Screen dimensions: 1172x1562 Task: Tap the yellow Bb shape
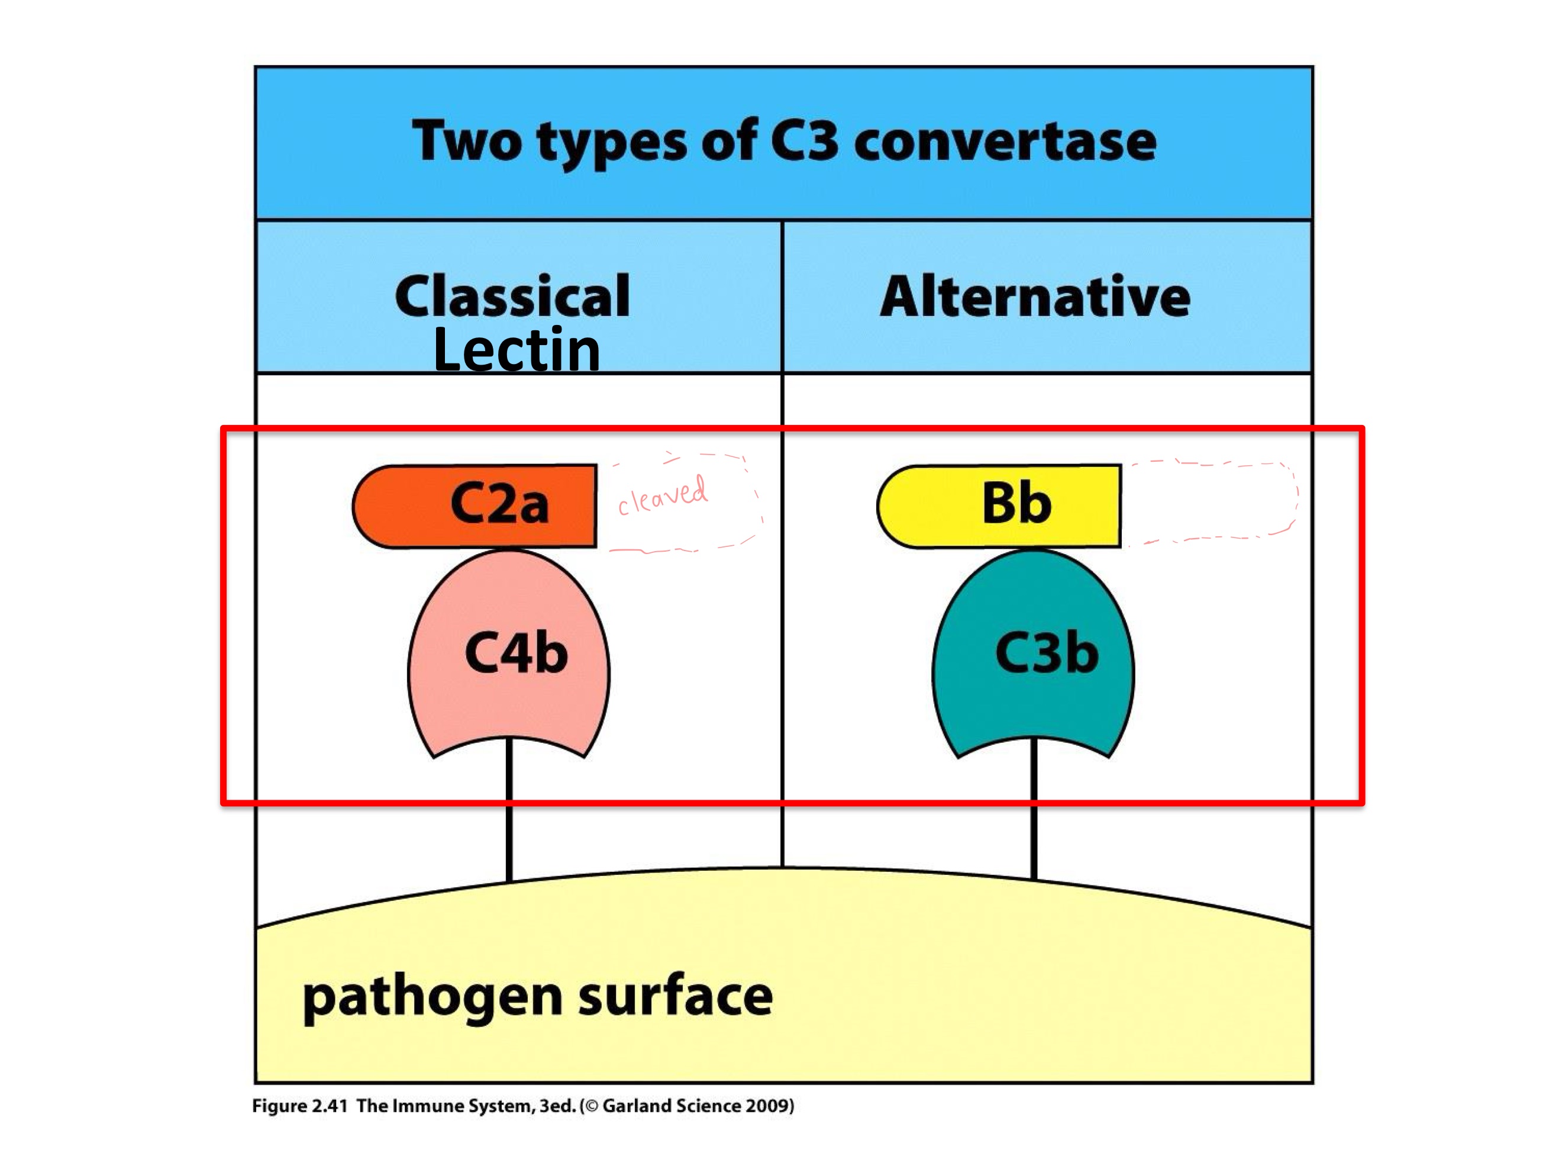(999, 506)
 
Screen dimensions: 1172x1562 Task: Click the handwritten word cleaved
(662, 495)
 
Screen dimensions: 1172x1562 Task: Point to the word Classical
(512, 296)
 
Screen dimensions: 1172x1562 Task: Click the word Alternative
(1034, 296)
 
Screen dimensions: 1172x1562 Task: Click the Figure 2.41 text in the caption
(300, 1106)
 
